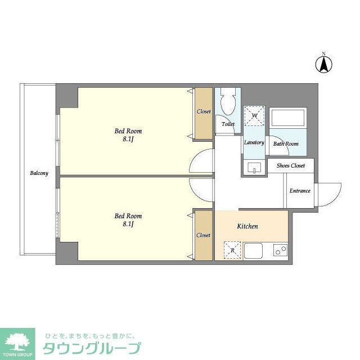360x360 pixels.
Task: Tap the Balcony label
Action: pyautogui.click(x=39, y=173)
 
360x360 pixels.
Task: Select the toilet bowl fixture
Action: pyautogui.click(x=228, y=103)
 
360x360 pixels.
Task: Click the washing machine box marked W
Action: pyautogui.click(x=254, y=116)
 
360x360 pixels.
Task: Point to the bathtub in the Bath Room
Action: pyautogui.click(x=287, y=119)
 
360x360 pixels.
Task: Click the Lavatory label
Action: pyautogui.click(x=254, y=142)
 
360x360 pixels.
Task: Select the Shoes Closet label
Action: pyautogui.click(x=290, y=165)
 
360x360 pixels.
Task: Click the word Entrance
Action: pyautogui.click(x=300, y=191)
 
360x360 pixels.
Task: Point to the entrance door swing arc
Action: pyautogui.click(x=329, y=195)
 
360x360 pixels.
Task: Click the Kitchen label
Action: pyautogui.click(x=247, y=226)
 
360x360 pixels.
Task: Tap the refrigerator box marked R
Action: pyautogui.click(x=231, y=249)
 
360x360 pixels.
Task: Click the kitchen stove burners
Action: pyautogui.click(x=279, y=250)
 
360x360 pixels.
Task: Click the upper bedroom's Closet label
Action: pyautogui.click(x=204, y=111)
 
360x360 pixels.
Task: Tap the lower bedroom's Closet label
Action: pyautogui.click(x=203, y=235)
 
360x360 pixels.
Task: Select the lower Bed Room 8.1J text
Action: pyautogui.click(x=128, y=219)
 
